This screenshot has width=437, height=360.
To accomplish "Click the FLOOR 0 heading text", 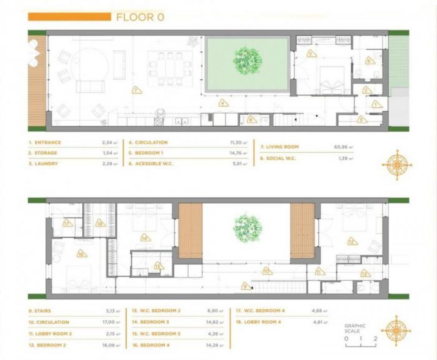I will (x=140, y=17).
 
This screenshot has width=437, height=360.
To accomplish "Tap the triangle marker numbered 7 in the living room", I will (x=137, y=90).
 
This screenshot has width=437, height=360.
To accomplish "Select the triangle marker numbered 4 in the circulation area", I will (x=223, y=103).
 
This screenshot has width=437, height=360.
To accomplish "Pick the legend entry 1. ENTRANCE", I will (x=45, y=143).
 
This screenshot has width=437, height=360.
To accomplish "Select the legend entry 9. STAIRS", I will (x=40, y=311).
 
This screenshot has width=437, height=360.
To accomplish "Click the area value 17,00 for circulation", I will (x=111, y=322).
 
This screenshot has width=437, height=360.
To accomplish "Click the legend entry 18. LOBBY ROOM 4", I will (x=261, y=322).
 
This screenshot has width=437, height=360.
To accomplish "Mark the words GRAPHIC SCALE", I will (x=355, y=328).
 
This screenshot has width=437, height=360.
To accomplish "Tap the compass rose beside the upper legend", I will (x=397, y=165).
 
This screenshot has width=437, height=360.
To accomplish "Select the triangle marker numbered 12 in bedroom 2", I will (x=351, y=241).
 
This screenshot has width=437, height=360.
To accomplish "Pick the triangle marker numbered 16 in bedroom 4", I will (x=82, y=254).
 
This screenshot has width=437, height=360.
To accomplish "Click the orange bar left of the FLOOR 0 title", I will (x=69, y=17).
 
